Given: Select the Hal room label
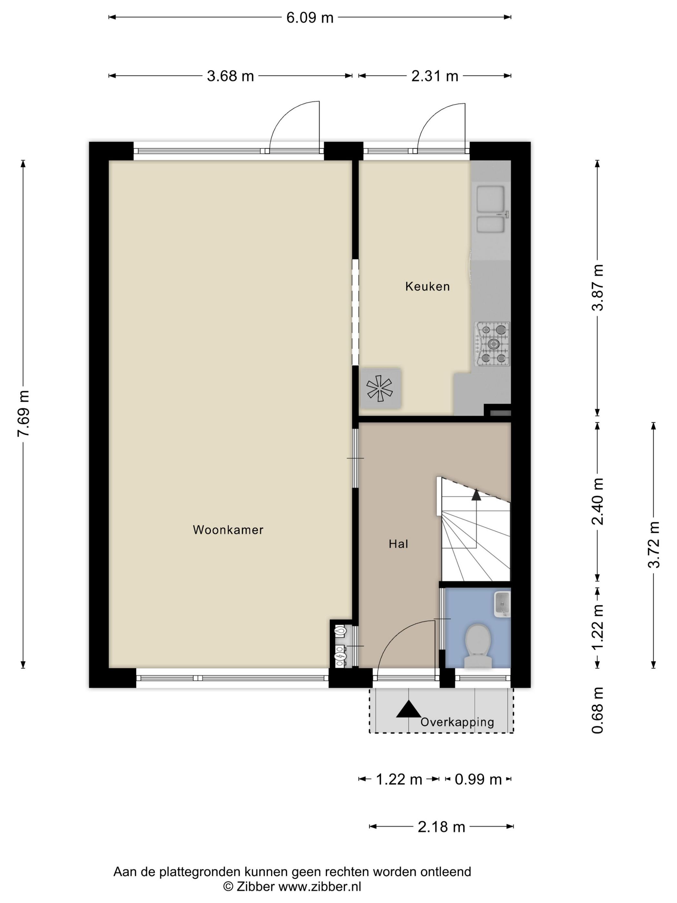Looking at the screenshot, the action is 398,544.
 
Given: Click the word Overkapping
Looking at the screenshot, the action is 457,722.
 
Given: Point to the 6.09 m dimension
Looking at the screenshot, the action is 310,17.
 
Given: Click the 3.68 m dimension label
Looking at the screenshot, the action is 230,76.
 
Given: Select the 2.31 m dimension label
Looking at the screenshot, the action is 435,76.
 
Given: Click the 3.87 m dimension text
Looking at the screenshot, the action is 597,287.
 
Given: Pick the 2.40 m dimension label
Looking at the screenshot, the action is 597,501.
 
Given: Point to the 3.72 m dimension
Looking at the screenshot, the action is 654,545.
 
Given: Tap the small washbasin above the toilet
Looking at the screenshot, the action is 502,604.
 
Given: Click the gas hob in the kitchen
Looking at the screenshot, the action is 492,344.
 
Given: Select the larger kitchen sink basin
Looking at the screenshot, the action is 491,199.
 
